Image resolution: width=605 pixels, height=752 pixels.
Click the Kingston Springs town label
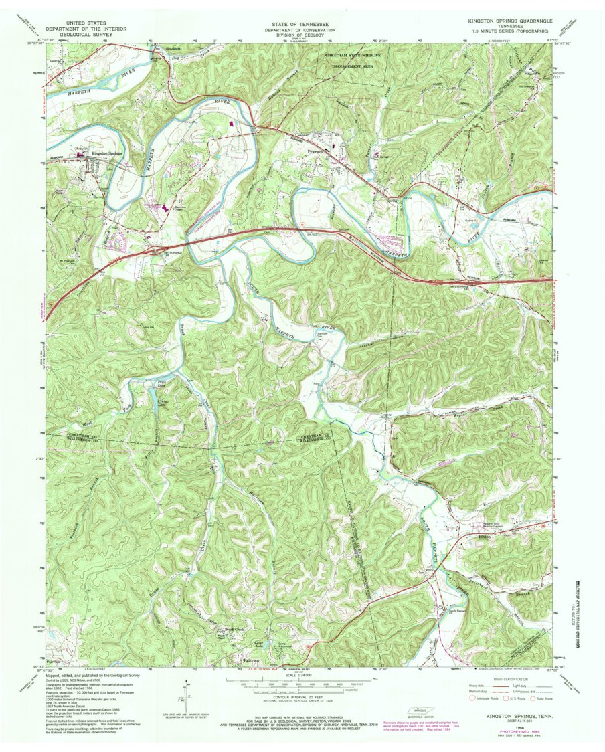[108, 153]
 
